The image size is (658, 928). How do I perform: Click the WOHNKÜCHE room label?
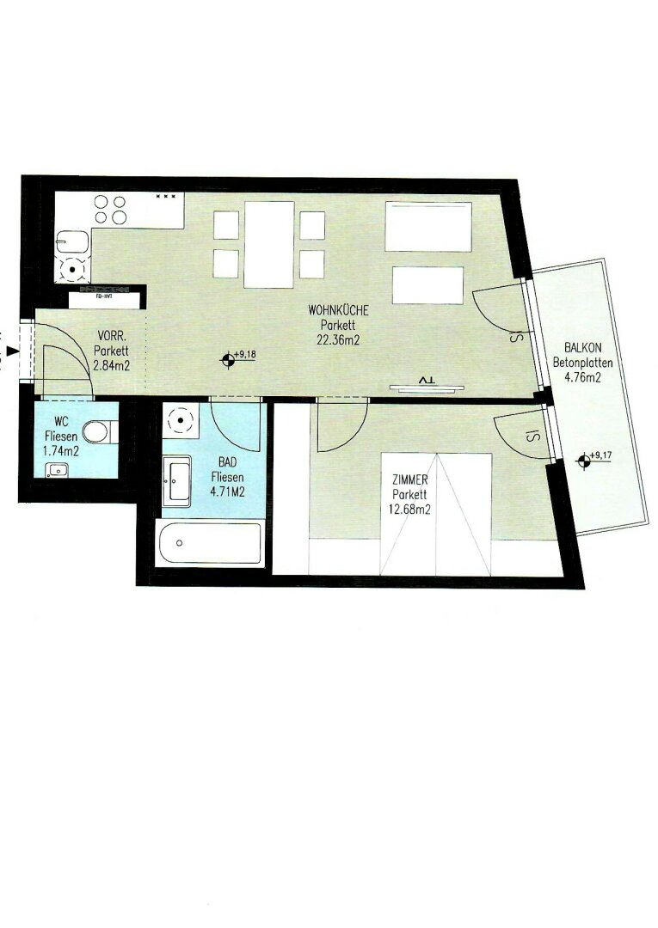pos(338,309)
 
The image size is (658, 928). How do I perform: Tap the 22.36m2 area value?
pos(338,339)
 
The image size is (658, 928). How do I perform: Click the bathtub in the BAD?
pos(210,543)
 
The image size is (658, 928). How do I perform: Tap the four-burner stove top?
pos(111,210)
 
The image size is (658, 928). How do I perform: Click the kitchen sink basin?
pos(73,242)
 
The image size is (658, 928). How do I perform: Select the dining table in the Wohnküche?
pos(269,244)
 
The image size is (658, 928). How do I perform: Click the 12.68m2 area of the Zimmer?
pos(409,509)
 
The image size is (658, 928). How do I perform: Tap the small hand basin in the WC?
pos(58,471)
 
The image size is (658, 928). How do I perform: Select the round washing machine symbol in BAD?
pos(181,421)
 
